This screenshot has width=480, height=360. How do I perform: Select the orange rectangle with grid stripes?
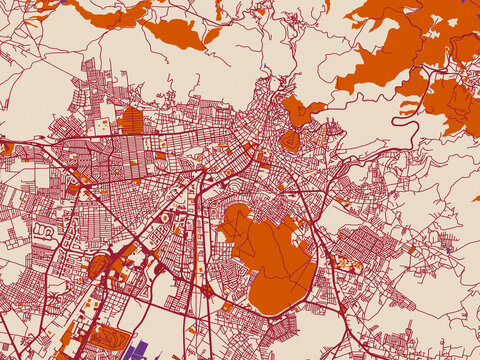tap(131, 121)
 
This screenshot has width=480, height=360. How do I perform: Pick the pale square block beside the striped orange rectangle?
tap(103, 126)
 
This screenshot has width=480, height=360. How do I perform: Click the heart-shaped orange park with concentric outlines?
tap(289, 141)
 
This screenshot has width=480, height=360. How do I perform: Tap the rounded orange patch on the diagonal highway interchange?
tap(98, 266)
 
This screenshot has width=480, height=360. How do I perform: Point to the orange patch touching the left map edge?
tap(6, 149)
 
